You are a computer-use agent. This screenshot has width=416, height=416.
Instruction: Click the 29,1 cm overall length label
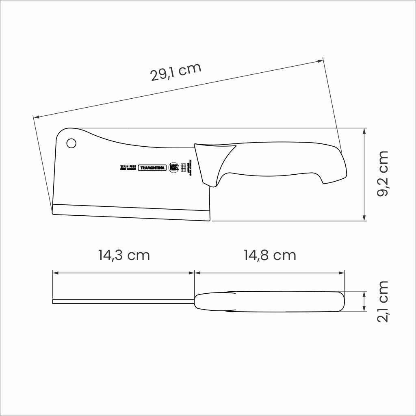[x=175, y=72]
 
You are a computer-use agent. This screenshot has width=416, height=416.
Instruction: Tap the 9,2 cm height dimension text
[x=383, y=173]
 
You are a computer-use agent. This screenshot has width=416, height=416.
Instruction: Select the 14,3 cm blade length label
[x=124, y=255]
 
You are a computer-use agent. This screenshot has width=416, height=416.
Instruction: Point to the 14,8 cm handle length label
[x=270, y=255]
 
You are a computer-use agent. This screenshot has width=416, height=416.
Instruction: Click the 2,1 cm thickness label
[x=383, y=301]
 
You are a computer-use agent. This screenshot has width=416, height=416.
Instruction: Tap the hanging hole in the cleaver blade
[x=71, y=143]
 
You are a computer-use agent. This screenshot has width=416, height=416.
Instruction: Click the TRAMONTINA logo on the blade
[x=152, y=168]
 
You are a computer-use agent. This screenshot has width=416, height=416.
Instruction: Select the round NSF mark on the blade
[x=174, y=167]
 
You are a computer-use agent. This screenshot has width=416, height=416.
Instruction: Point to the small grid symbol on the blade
[x=183, y=167]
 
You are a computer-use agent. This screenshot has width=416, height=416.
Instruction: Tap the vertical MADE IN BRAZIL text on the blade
[x=190, y=167]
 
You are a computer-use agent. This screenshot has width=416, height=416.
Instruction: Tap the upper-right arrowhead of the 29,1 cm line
[x=321, y=61]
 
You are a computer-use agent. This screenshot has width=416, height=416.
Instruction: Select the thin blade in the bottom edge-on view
[x=122, y=301]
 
